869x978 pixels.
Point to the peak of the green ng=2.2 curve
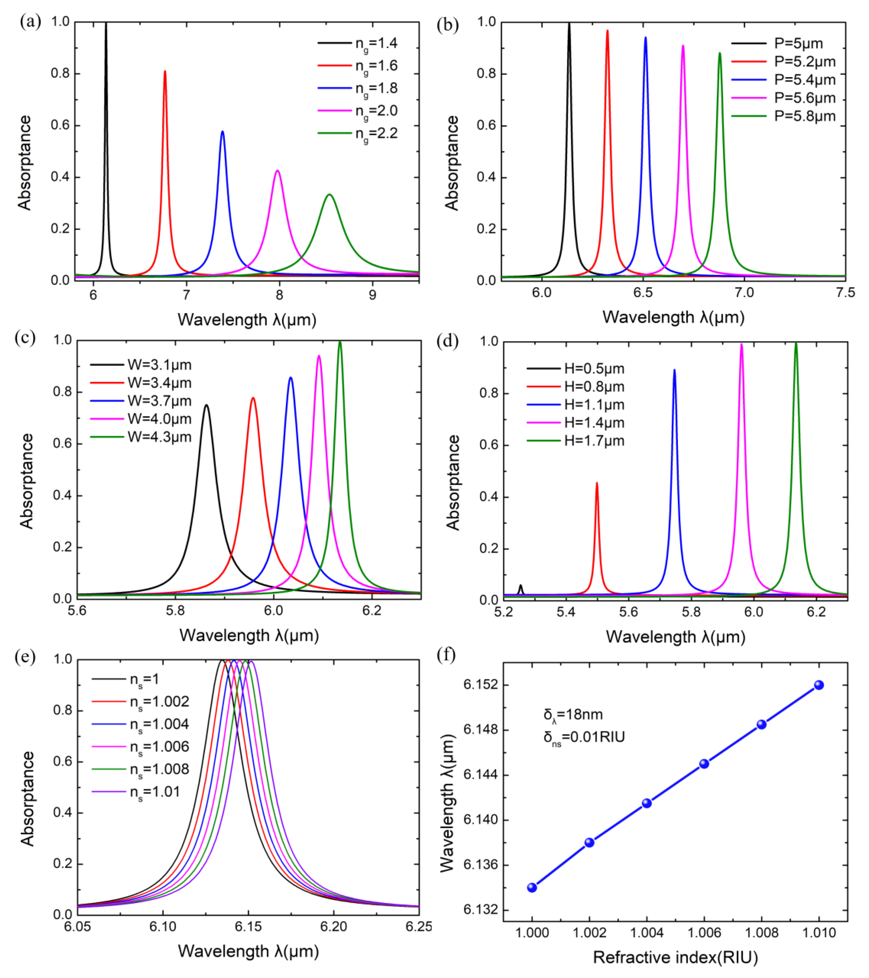coord(329,195)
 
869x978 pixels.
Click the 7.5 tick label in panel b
coord(845,292)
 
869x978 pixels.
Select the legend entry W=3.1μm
coord(159,365)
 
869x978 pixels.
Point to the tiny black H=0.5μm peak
coord(521,585)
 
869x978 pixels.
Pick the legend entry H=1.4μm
coord(594,423)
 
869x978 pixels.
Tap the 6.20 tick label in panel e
coord(334,927)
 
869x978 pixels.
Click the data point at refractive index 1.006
coord(704,764)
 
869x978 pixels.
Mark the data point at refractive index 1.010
coord(819,685)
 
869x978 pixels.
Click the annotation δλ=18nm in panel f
coord(573,715)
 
